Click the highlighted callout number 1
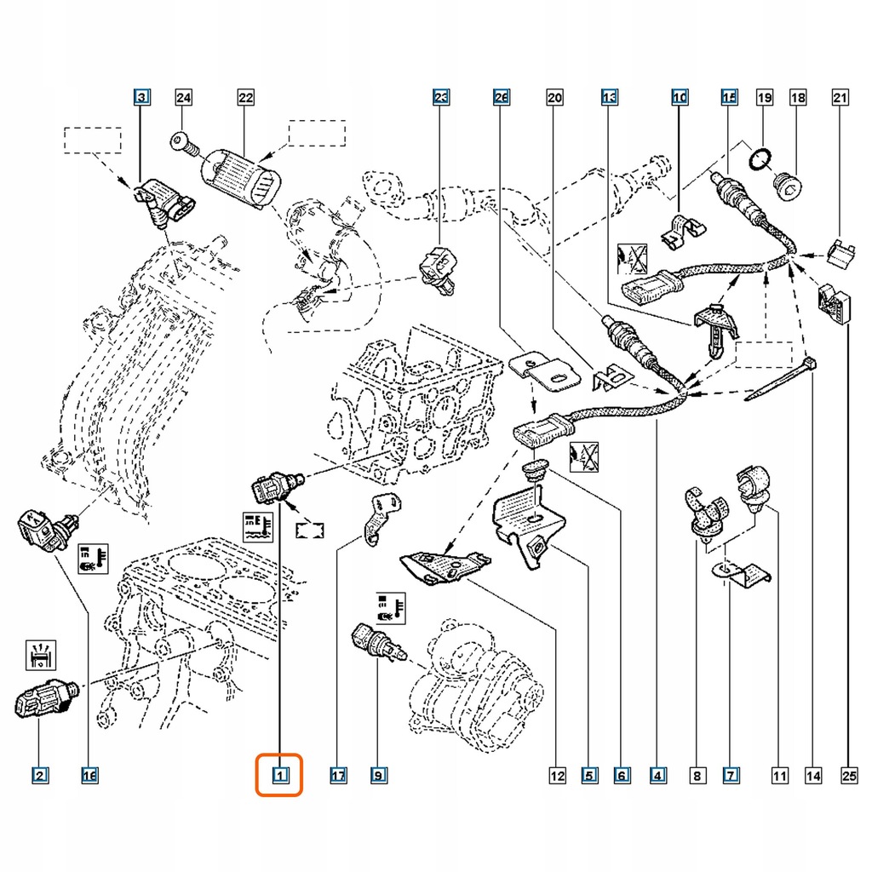click(280, 775)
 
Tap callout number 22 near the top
click(245, 98)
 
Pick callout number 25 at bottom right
click(846, 775)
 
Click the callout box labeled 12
click(556, 775)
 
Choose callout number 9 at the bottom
click(378, 775)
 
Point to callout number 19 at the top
click(765, 98)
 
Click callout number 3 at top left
click(142, 98)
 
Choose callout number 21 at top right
click(840, 98)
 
